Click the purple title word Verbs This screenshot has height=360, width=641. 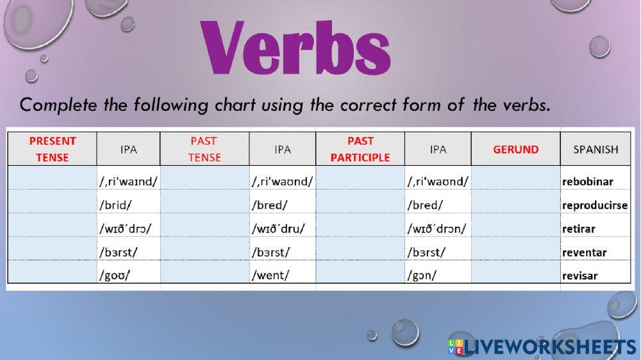pos(296,47)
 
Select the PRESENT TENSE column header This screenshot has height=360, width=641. pos(53,149)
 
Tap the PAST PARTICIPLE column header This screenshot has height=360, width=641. pos(360,149)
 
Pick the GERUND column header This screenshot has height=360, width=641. pos(515,149)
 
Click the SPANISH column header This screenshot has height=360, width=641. pos(595,149)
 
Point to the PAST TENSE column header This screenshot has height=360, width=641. pos(204,149)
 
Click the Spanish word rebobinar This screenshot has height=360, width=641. pos(587,181)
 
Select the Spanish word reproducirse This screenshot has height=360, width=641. pos(595,205)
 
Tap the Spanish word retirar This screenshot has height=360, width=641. pos(578,229)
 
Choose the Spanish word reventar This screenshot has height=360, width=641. pos(584,252)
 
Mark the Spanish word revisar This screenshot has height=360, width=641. pos(579,276)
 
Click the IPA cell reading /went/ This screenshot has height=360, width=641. pos(271,275)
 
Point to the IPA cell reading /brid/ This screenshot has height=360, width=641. pos(115,205)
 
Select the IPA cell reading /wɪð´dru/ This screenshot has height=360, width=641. pos(278,229)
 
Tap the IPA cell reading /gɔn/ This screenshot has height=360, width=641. pos(422,275)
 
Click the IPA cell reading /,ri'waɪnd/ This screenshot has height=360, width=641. pos(128,181)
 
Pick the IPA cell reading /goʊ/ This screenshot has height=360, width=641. pos(115,275)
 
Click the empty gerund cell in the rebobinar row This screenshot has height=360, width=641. pos(515,177)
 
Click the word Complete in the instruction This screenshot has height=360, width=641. pos(58,105)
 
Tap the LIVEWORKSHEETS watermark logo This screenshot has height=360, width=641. pos(542,347)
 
